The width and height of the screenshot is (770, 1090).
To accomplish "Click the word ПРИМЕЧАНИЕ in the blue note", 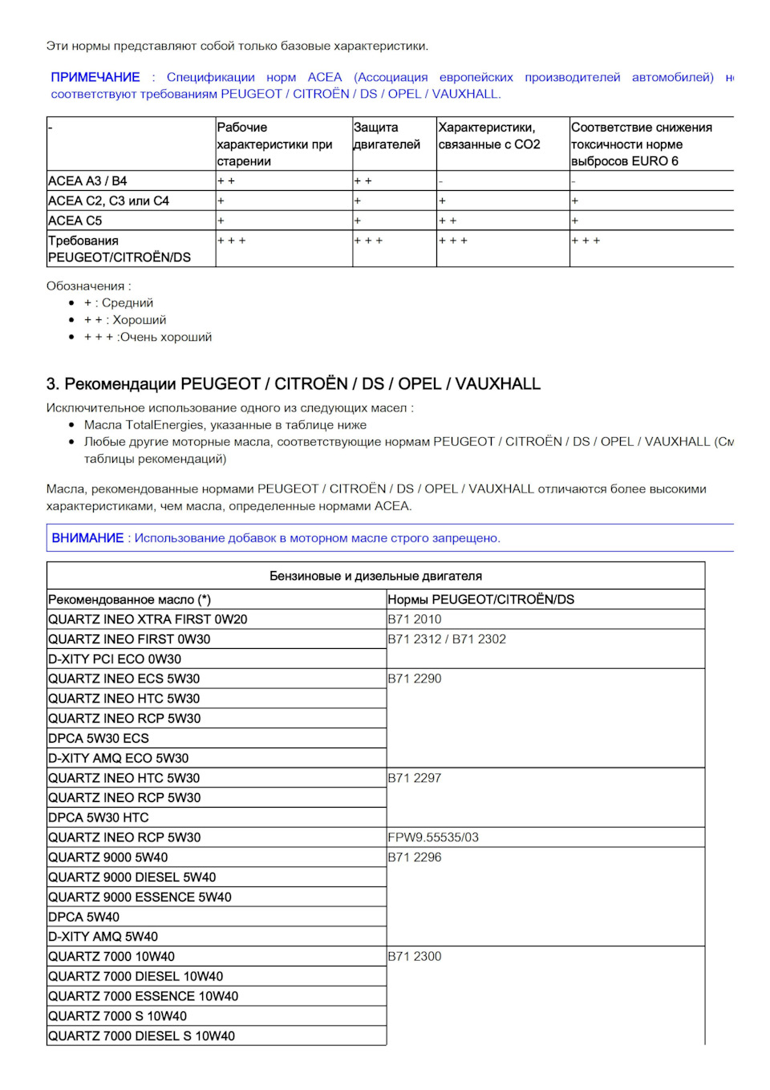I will [x=95, y=77].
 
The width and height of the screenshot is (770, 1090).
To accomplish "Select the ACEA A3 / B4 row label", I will [x=87, y=181].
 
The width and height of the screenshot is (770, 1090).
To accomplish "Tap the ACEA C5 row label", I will [x=75, y=221].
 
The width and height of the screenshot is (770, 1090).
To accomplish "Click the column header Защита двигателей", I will [x=387, y=136].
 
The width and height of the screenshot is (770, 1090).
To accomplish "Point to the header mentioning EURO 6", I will [x=641, y=144].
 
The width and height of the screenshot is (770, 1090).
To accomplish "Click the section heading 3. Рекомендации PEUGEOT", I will [x=294, y=383].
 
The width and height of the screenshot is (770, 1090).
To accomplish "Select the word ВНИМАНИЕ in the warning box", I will [x=87, y=538].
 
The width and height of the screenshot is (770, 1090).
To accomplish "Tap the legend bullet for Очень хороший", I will [x=148, y=337].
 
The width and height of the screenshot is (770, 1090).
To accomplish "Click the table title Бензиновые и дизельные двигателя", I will [x=375, y=576].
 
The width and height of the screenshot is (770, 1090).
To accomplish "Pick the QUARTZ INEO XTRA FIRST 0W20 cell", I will [x=148, y=619].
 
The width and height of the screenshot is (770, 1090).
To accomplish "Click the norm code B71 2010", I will [x=415, y=619].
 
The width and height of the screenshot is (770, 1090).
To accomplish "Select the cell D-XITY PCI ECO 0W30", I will [x=115, y=659].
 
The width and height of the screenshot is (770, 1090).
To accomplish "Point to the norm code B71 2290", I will [x=415, y=679].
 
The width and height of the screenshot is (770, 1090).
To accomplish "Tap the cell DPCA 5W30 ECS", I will [x=99, y=739].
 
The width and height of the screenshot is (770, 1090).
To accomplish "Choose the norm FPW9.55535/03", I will [x=433, y=837].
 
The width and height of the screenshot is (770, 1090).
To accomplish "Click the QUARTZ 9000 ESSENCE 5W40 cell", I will [x=140, y=898].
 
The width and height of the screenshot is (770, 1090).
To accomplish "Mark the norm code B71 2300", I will [x=415, y=957].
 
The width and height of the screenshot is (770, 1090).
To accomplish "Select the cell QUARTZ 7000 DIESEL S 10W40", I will [x=142, y=1036].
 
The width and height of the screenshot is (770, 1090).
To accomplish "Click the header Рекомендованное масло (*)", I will [x=130, y=599].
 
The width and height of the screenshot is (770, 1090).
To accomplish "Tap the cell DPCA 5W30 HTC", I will [x=99, y=818].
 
